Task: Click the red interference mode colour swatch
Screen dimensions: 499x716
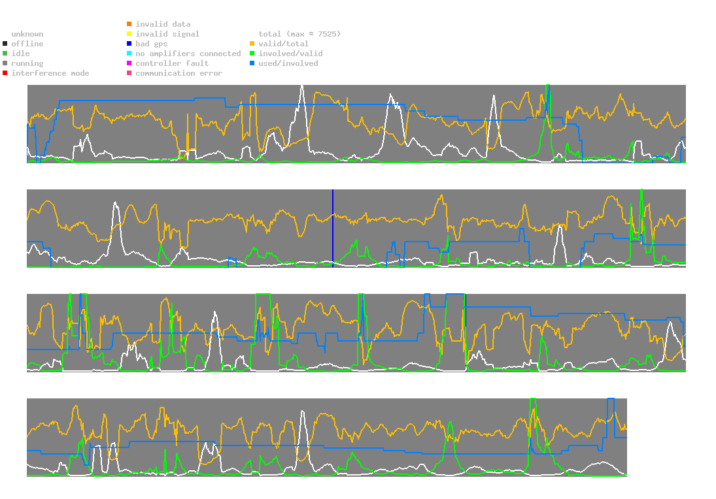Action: click(x=5, y=73)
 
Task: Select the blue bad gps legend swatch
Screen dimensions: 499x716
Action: click(x=129, y=44)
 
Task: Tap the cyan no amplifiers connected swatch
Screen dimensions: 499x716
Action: click(x=129, y=54)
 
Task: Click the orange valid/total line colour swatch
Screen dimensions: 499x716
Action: click(x=252, y=44)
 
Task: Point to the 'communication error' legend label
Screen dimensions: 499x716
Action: click(x=179, y=73)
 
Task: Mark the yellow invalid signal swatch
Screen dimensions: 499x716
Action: click(x=129, y=34)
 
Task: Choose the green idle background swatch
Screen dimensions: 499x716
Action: click(x=5, y=54)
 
